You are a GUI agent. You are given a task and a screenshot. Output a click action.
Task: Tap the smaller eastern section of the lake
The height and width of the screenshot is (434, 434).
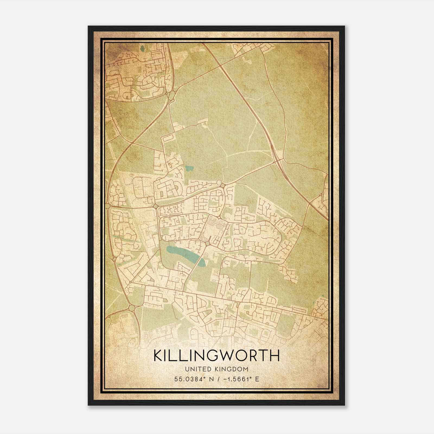201,262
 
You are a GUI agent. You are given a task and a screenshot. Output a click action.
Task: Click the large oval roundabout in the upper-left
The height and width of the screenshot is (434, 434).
171,95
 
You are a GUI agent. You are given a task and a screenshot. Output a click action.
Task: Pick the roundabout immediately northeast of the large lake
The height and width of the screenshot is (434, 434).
208,244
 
